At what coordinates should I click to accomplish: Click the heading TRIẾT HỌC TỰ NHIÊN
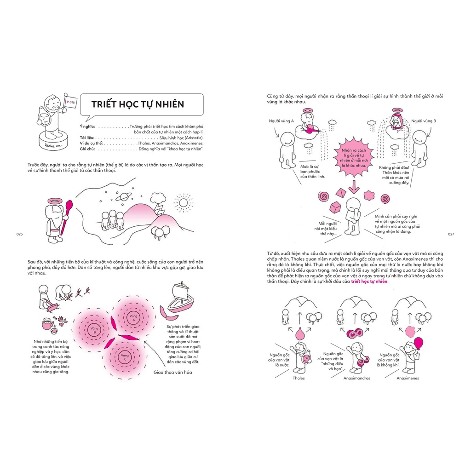point(138,104)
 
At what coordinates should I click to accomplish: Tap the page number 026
point(19,234)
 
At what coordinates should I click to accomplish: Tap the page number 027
point(451,234)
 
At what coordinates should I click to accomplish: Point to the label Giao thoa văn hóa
point(172,373)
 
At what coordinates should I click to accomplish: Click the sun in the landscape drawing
point(184,202)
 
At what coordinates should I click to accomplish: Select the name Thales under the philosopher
point(299,378)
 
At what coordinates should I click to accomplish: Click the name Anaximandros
point(356,378)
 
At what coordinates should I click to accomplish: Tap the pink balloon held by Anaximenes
point(418,343)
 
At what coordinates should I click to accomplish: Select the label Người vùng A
point(281,121)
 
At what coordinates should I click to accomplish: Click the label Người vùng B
point(424,121)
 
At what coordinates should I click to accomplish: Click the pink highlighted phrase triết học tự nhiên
point(369,281)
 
